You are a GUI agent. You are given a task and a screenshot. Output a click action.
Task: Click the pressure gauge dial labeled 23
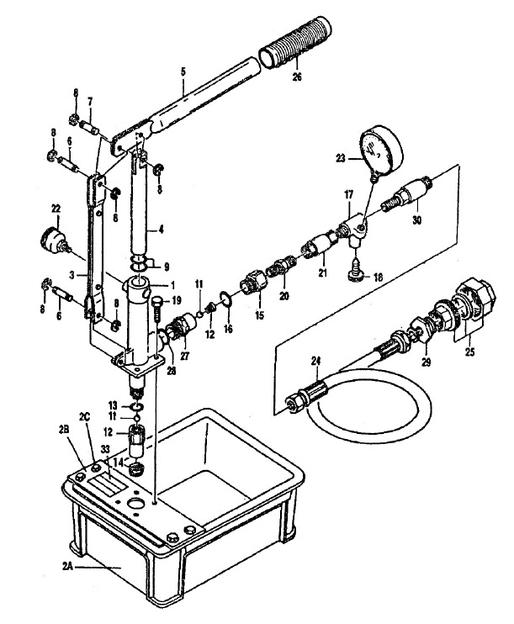(381, 150)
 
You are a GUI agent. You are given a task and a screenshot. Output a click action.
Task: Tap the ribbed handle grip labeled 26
(295, 43)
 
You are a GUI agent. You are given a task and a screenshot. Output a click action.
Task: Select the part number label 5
(183, 72)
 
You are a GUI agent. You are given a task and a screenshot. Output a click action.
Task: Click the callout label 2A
(68, 566)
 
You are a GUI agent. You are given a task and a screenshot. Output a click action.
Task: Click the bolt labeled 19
(157, 307)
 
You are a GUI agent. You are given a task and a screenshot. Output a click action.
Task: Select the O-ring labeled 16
(225, 299)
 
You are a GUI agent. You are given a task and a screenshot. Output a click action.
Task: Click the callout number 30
(416, 219)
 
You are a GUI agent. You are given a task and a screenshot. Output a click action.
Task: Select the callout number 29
(426, 362)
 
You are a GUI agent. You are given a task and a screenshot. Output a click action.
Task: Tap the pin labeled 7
(90, 128)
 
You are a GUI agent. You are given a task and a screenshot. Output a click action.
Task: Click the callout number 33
(105, 449)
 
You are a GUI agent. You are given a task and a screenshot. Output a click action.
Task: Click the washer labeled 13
(136, 407)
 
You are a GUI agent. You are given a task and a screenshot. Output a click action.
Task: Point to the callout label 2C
(85, 417)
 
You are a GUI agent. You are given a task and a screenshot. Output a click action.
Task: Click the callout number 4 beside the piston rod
(161, 230)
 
